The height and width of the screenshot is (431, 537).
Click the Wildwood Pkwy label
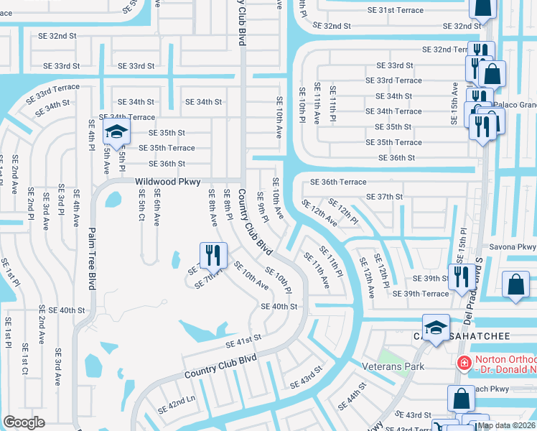(167, 182)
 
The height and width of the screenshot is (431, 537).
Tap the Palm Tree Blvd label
(92, 259)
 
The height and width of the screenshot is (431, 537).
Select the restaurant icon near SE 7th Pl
(213, 254)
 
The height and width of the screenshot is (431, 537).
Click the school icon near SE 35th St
(116, 132)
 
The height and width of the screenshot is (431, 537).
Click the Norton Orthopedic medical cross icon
(464, 363)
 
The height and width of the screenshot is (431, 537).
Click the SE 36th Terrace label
(338, 182)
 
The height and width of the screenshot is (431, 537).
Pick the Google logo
(24, 422)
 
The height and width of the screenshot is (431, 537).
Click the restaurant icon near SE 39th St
(459, 277)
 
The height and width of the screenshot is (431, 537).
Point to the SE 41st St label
(243, 340)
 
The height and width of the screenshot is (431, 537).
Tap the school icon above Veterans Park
(435, 328)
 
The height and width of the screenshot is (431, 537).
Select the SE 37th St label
(384, 197)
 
